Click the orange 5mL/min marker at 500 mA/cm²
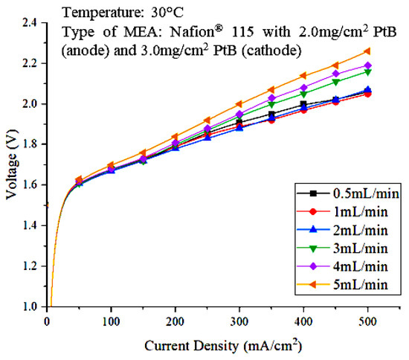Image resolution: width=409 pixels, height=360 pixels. (368, 51)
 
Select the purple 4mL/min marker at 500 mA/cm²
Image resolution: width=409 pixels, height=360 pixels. (368, 65)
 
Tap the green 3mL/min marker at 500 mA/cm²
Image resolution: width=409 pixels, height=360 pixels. (368, 71)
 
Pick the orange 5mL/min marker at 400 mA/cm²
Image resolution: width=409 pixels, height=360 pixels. (303, 75)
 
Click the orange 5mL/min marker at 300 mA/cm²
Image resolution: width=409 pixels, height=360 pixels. (238, 104)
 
